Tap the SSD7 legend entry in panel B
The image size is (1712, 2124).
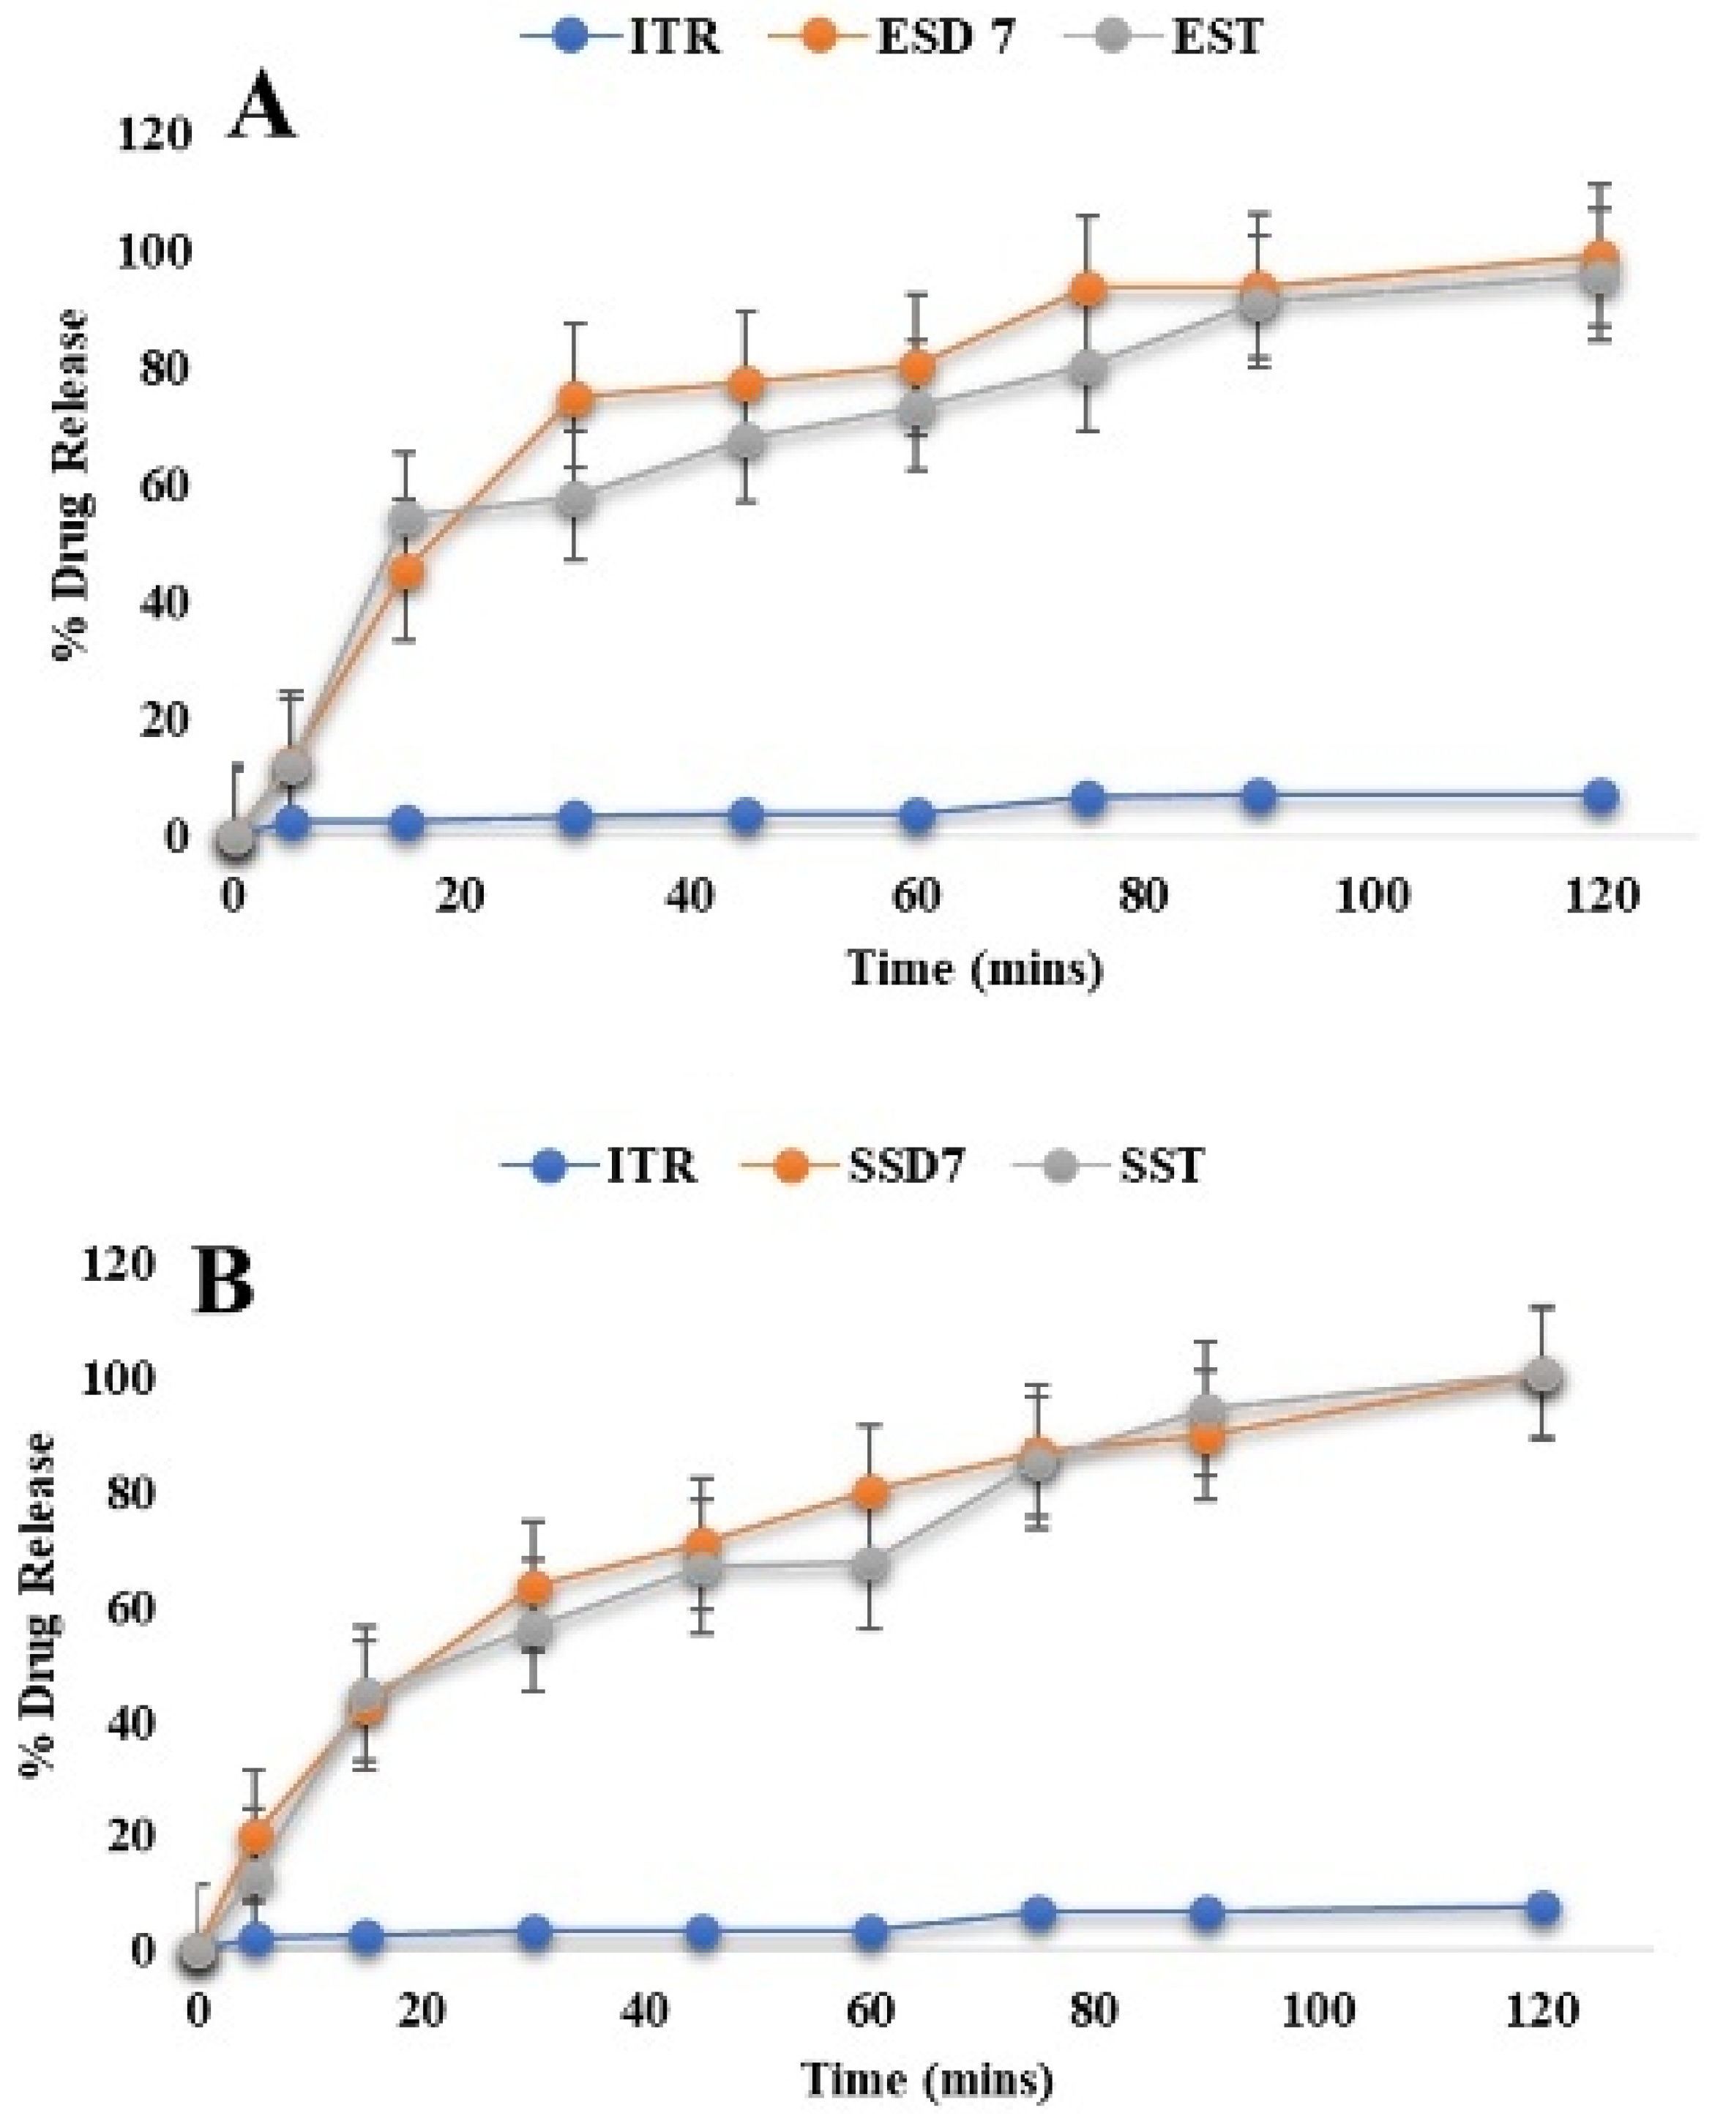click(x=868, y=1167)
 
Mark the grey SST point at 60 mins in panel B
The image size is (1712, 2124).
click(x=870, y=1565)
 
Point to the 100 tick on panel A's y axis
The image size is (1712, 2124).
click(x=153, y=253)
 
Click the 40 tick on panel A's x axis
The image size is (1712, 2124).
click(x=689, y=897)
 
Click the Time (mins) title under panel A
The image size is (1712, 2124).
click(x=974, y=968)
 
